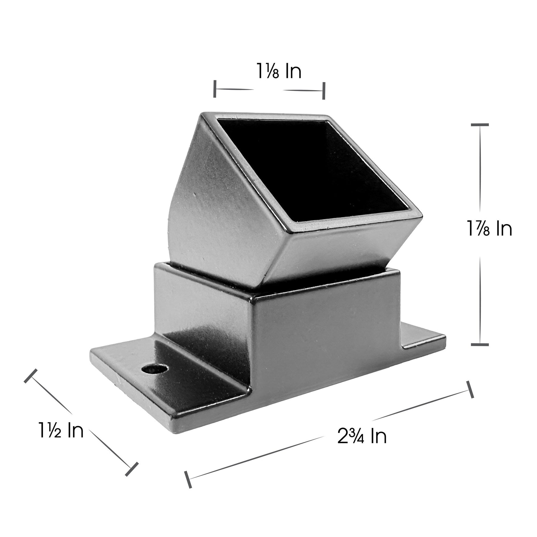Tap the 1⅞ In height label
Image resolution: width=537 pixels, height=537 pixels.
click(x=490, y=229)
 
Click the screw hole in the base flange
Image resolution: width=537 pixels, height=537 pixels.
click(x=154, y=370)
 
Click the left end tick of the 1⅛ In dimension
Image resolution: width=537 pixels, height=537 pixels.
click(x=215, y=89)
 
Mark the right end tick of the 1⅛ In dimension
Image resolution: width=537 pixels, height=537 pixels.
click(x=323, y=91)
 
